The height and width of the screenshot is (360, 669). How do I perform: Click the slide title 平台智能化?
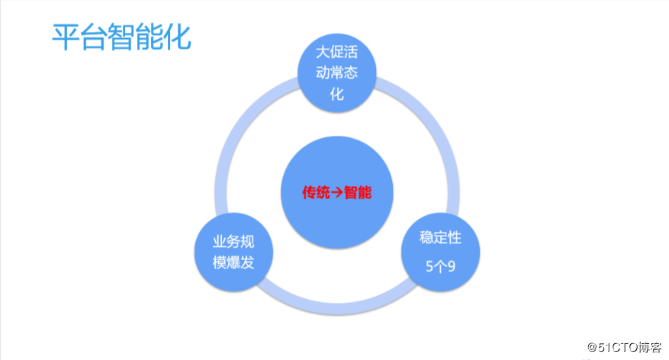point(121,37)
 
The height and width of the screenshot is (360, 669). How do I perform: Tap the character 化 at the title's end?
point(177,37)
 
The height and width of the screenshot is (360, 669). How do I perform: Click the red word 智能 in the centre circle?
point(358,192)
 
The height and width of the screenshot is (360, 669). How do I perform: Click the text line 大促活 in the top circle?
point(336,53)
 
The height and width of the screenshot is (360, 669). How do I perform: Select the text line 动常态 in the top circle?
point(336,75)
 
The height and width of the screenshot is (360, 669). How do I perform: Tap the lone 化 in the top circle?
point(336,95)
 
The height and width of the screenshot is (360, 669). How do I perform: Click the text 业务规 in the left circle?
point(233,243)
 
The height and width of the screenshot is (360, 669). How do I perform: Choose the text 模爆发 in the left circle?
point(233,263)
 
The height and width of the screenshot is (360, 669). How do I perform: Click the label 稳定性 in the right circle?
point(440,237)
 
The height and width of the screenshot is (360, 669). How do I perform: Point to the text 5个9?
point(440,266)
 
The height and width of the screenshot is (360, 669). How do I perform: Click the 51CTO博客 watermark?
point(623,347)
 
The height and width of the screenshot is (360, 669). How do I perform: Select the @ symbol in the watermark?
point(591,347)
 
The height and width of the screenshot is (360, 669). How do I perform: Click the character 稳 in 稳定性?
point(426,237)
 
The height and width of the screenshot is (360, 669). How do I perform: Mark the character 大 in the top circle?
point(323,53)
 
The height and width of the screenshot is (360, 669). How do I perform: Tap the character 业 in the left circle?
point(220,243)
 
